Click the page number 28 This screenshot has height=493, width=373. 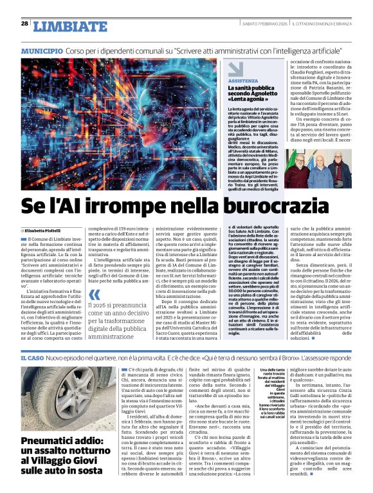(x=24, y=23)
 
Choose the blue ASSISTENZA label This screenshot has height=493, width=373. (x=243, y=82)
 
